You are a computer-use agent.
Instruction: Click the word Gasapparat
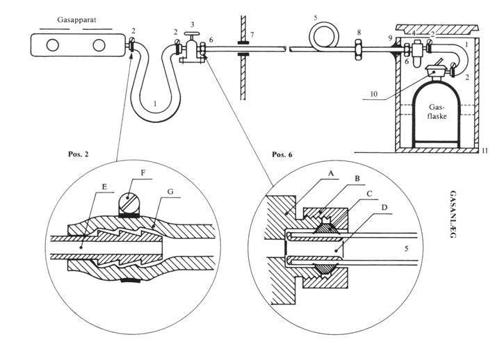tap(76, 20)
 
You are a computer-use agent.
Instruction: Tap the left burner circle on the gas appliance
tap(52, 45)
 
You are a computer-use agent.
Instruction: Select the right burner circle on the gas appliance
tap(99, 45)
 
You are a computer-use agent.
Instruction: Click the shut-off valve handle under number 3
tap(192, 34)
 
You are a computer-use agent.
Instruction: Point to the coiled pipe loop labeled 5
tap(324, 24)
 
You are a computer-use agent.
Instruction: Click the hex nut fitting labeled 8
tap(359, 49)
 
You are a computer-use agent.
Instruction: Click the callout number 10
tap(374, 94)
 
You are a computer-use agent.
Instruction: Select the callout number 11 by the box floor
tap(485, 151)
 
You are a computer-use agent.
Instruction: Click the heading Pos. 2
tap(79, 154)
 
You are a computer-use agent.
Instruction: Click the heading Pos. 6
tap(282, 154)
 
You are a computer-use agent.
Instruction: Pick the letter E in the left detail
tap(104, 186)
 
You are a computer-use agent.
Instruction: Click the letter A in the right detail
tap(330, 173)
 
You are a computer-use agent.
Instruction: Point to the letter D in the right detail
tap(384, 208)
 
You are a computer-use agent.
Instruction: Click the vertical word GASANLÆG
tap(453, 214)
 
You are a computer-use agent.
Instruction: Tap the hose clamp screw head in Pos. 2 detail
tap(129, 202)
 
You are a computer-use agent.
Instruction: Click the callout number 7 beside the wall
tap(252, 34)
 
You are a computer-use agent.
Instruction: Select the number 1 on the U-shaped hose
tap(154, 103)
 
